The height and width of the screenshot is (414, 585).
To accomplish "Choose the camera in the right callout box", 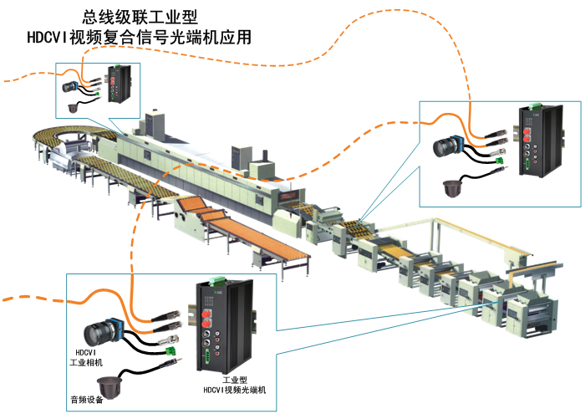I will [448, 148].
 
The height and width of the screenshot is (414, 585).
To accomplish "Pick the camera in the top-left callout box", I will [71, 86].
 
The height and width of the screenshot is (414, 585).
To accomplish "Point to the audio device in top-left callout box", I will [74, 106].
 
